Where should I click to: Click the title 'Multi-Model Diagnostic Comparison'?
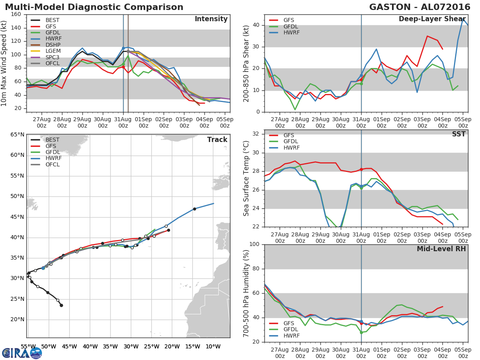coord(94,7)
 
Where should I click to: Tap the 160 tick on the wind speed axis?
coord(16,14)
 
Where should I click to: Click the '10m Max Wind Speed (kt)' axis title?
coord(4,63)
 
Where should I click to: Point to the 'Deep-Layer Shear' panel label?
coord(432,19)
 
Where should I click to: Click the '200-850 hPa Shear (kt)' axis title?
coord(246,63)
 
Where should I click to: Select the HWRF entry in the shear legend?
coord(291,33)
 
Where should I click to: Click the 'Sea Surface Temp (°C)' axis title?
coord(246,178)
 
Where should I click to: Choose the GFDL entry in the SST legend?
coord(291,142)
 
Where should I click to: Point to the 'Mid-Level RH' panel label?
coord(441,249)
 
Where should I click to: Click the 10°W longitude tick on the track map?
coord(213,346)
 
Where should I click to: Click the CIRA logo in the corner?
coord(22,353)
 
